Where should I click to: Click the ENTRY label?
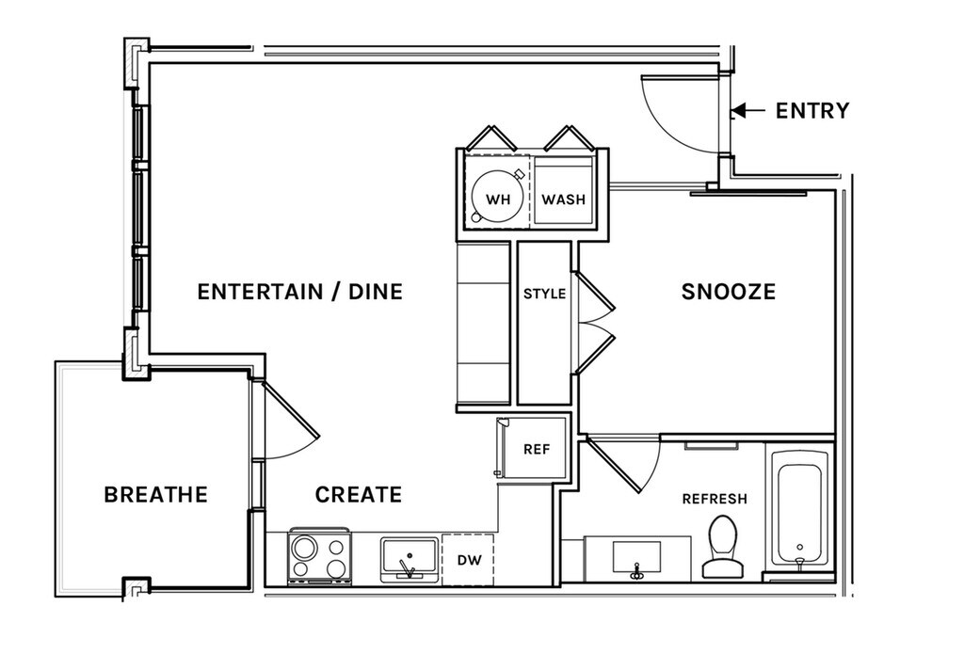click(x=812, y=111)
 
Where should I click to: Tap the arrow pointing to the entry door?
click(x=748, y=111)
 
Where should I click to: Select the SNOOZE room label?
click(x=729, y=292)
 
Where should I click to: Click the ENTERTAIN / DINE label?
click(x=300, y=292)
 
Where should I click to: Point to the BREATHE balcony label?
click(x=155, y=494)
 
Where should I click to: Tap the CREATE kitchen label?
click(x=359, y=494)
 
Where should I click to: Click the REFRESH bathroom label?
click(x=715, y=499)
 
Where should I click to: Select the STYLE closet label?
click(x=545, y=294)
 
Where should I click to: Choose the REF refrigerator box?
click(x=534, y=449)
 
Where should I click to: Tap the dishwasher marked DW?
click(x=468, y=559)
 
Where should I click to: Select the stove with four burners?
click(x=320, y=555)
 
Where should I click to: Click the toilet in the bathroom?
click(x=722, y=547)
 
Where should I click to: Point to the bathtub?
click(x=799, y=514)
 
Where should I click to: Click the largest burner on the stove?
click(x=303, y=547)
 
